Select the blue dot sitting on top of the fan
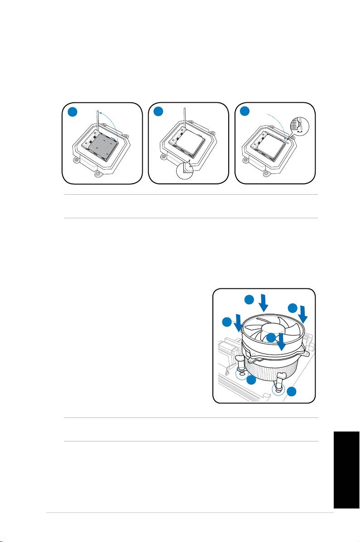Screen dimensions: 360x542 point(270,338)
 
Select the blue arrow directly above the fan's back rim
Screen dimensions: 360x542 point(264,302)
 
